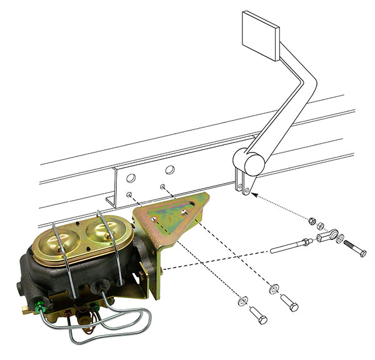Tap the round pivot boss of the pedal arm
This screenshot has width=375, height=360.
[253, 164]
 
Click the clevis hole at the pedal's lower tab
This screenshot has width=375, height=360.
[247, 188]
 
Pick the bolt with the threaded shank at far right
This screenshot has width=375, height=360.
[354, 248]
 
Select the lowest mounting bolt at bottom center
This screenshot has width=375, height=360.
[257, 315]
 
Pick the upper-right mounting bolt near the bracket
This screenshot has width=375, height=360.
[289, 302]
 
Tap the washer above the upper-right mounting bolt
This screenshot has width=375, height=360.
[274, 289]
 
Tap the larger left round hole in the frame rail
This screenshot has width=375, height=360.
[131, 177]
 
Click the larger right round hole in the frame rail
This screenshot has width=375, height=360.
[169, 169]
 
